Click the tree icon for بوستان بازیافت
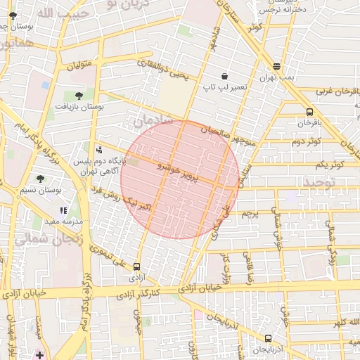tap(78, 95)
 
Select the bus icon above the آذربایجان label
tap(249, 338)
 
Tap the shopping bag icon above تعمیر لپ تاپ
tap(224, 76)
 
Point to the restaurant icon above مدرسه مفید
tap(63, 210)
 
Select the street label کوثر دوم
tap(306, 142)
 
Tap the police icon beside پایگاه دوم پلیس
tap(98, 150)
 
